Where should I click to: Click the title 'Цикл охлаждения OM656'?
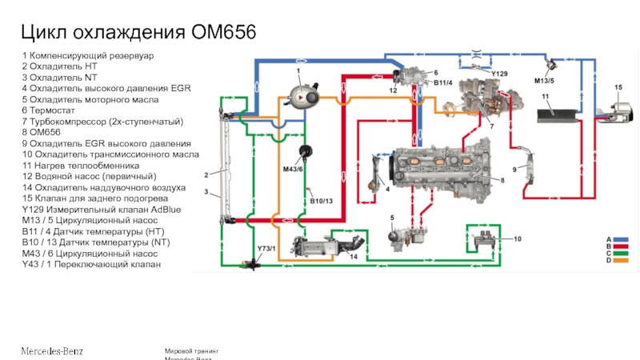point(138,33)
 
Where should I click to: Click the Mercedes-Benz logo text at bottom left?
point(51,351)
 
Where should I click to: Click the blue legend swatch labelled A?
point(621,239)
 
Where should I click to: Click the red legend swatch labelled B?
point(621,246)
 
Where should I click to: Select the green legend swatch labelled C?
point(621,254)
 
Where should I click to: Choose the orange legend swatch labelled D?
point(621,261)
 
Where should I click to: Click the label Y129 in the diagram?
point(498,74)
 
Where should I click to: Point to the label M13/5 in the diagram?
point(543,82)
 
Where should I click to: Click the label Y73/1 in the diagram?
point(266,249)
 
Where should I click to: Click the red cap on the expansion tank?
point(298,97)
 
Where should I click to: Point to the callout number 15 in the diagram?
point(618,86)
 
